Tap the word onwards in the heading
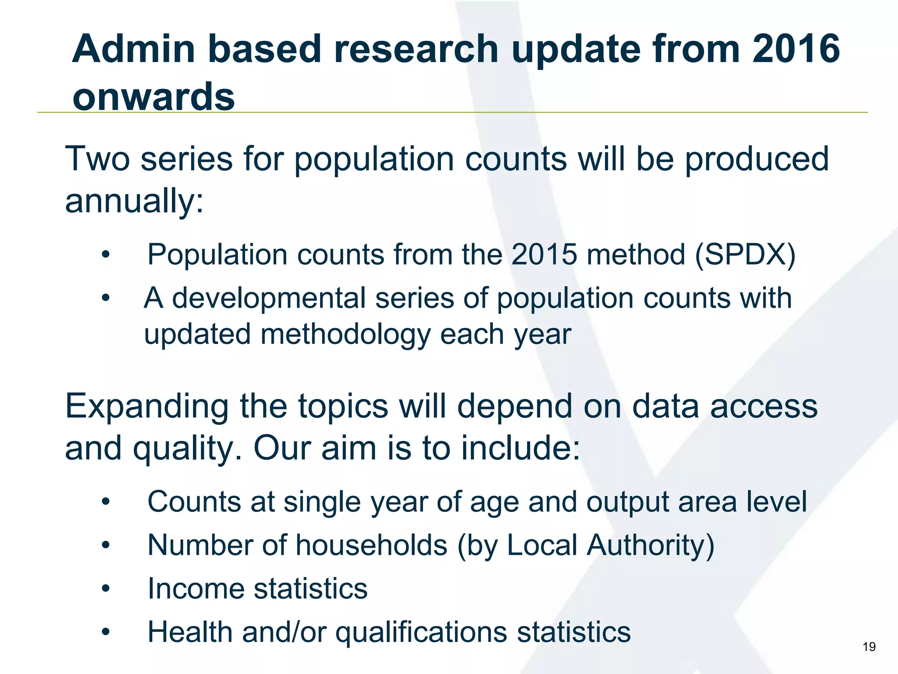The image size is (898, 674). [x=153, y=97]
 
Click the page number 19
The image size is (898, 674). [x=869, y=647]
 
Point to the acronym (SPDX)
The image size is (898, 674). [x=745, y=255]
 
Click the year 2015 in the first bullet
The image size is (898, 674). [x=544, y=255]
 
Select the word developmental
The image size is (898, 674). [x=268, y=298]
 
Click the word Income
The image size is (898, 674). [x=196, y=588]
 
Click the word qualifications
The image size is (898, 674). [x=421, y=632]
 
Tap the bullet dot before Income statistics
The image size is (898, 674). [x=106, y=588]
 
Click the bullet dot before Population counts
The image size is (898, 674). [x=106, y=255]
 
